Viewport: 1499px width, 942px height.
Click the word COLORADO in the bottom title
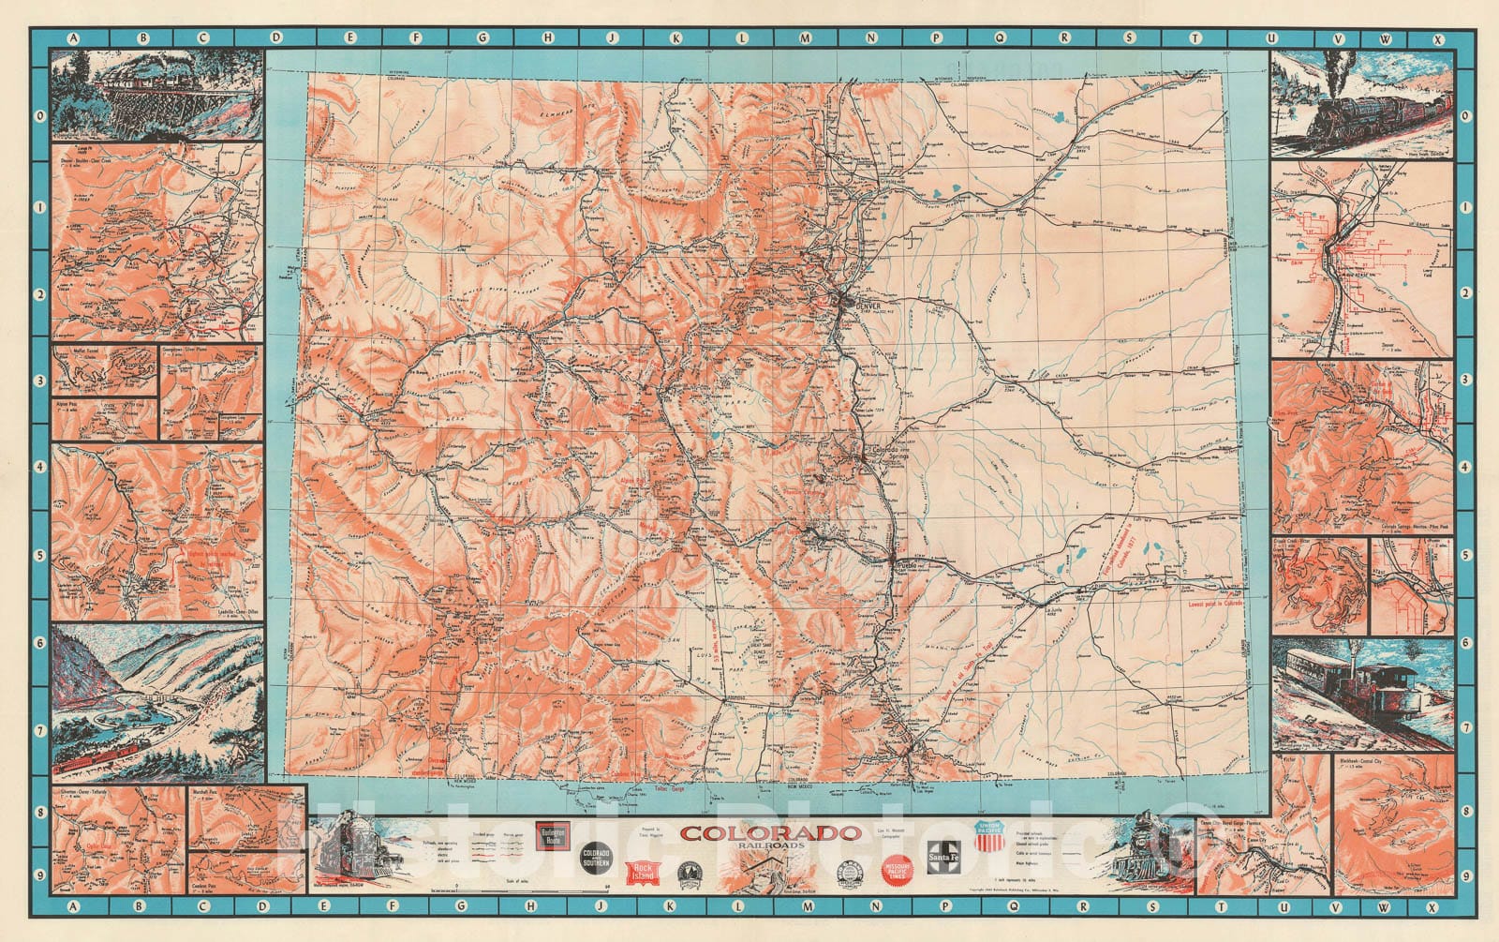coord(770,832)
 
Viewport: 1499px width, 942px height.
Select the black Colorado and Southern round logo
coord(596,859)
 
